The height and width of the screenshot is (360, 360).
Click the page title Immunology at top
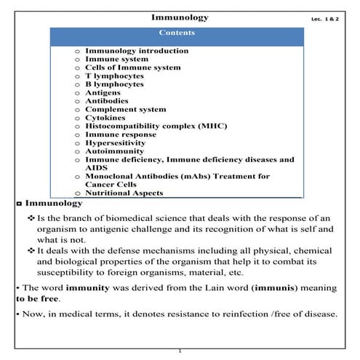point(179,17)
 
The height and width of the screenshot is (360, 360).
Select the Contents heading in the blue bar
point(177,33)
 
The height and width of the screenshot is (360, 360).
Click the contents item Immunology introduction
point(137,51)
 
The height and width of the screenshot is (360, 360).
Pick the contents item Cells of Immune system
point(132,68)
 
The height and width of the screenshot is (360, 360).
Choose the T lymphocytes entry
point(114,76)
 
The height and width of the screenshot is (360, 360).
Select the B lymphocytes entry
point(114,84)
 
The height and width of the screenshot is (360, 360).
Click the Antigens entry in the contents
point(106,93)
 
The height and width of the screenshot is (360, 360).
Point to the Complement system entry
point(125,110)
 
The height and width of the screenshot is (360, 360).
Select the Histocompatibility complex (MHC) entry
point(150,127)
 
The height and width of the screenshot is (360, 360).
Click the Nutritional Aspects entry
point(125,193)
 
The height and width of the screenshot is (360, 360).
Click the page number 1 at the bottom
point(180,351)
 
